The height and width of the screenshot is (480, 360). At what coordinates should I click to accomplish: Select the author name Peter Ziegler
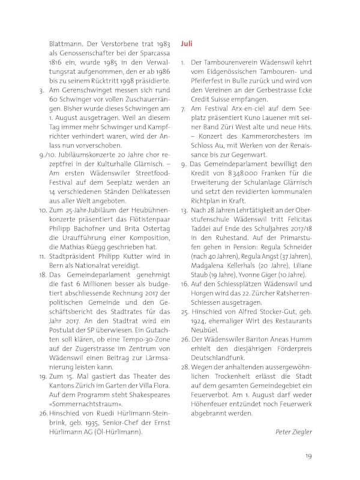pyautogui.click(x=294, y=432)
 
